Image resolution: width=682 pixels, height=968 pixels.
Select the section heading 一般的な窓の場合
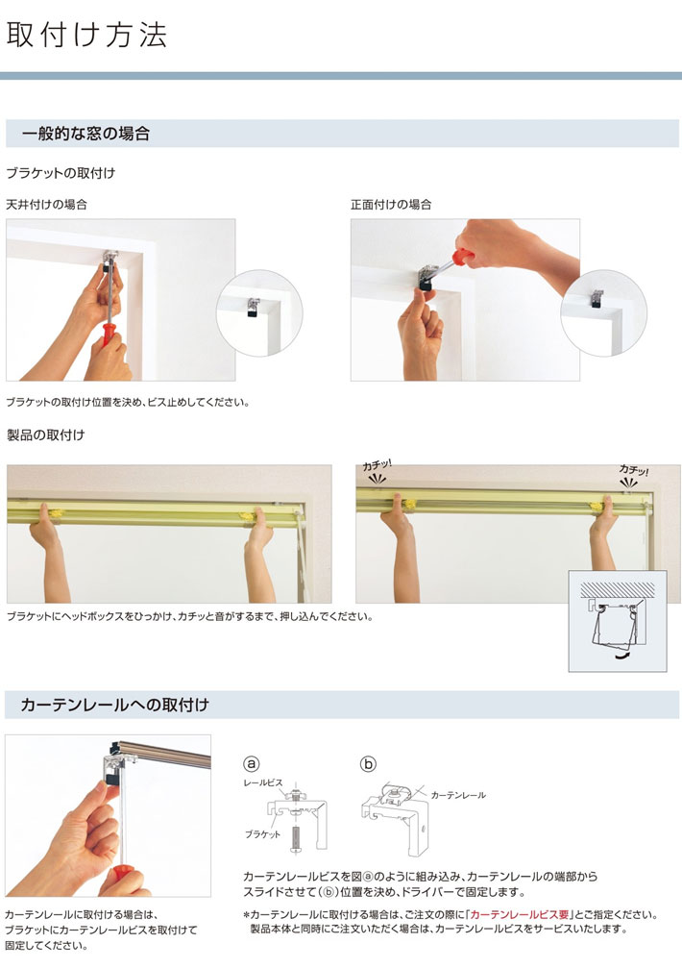(x=85, y=134)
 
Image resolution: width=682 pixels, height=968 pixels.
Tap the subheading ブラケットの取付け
(x=61, y=173)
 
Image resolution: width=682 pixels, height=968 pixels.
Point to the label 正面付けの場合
(x=391, y=205)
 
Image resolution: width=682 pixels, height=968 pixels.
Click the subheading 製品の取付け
(x=45, y=435)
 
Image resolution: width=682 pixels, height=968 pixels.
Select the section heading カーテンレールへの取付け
(x=114, y=706)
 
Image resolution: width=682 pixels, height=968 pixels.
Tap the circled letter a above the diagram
(x=252, y=764)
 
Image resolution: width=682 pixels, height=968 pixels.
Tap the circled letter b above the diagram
(x=368, y=764)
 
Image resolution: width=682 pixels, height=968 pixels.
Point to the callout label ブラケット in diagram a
(x=261, y=834)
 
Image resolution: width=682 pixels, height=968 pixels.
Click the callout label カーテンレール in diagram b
(x=458, y=796)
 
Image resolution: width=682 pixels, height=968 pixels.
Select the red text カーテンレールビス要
(x=519, y=915)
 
